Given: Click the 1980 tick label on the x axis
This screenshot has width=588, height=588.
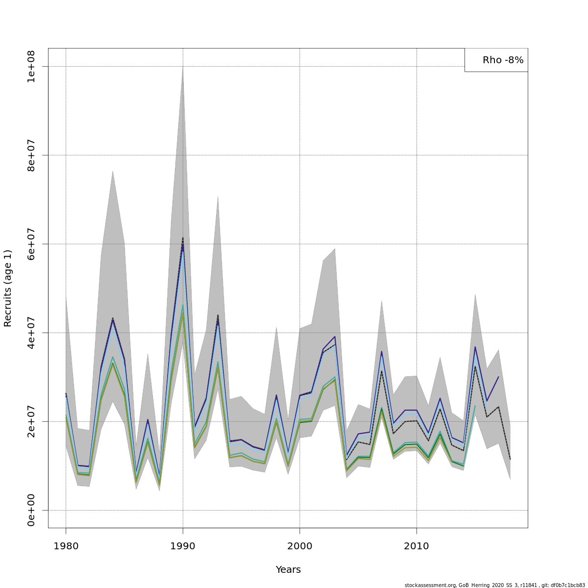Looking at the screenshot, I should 66,546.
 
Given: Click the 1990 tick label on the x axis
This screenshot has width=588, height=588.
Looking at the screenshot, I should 183,546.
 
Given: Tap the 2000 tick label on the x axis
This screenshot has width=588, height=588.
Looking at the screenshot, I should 300,546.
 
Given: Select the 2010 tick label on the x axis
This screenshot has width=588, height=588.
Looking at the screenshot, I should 416,546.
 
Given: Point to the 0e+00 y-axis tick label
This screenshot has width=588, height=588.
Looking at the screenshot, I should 31,510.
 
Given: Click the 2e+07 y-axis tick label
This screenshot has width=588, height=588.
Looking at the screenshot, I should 31,421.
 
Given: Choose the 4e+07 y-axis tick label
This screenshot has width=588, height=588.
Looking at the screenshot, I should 31,333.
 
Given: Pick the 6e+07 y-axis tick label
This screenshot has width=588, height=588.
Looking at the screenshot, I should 31,244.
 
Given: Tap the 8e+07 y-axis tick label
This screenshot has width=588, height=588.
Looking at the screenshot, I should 31,155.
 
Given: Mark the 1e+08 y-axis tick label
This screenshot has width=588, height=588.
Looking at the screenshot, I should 31,67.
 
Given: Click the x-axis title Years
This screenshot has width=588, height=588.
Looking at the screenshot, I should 288,570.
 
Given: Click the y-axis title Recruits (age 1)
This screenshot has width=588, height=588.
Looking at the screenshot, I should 8,288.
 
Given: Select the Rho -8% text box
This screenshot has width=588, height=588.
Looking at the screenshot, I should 496,60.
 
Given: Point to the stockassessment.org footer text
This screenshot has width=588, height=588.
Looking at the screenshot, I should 495,585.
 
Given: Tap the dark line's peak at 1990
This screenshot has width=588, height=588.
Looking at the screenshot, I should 183,238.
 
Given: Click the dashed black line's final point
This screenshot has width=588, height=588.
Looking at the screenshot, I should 510,459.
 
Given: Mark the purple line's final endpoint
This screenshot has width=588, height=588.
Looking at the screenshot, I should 498,377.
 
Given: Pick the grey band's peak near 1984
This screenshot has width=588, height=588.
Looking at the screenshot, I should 113,171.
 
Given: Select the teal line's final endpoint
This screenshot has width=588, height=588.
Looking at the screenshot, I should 475,406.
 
